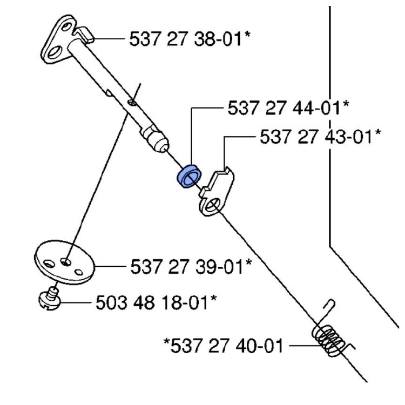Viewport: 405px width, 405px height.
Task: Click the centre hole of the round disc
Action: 65,261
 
